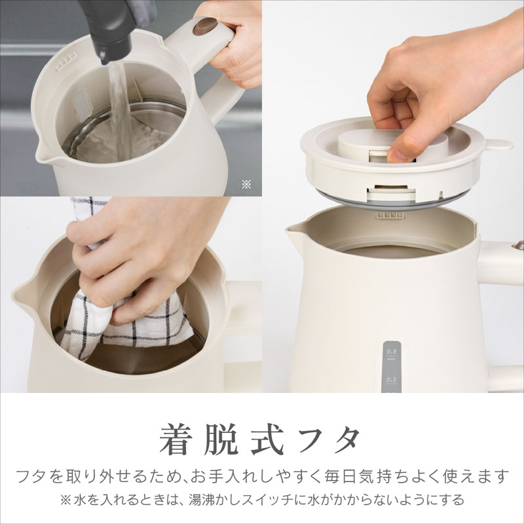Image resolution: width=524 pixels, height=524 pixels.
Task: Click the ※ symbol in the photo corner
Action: tap(246, 185)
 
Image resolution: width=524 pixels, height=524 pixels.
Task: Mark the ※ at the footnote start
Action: tap(65, 500)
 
